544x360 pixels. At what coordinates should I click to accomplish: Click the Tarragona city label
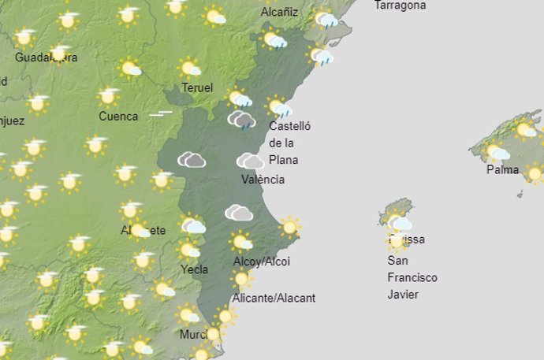click(400, 6)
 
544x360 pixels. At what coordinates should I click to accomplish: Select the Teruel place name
click(197, 87)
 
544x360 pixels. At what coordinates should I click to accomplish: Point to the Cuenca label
click(118, 117)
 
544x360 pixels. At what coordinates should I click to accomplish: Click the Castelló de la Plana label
click(290, 143)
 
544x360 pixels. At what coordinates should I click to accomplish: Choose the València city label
click(263, 180)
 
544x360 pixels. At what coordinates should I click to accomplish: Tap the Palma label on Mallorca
click(502, 169)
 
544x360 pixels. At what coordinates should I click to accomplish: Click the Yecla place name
click(195, 269)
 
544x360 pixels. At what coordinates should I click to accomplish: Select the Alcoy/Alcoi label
click(261, 262)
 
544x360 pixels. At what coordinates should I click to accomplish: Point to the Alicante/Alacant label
click(274, 298)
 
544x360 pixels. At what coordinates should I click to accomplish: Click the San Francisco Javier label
click(412, 277)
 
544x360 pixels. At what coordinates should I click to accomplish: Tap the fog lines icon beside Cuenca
click(161, 113)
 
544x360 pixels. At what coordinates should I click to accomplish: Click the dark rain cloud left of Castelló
click(241, 120)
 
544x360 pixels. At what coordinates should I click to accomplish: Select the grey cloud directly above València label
click(251, 161)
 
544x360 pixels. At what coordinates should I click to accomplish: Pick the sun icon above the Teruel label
click(190, 69)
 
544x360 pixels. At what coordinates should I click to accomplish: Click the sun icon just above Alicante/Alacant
click(241, 279)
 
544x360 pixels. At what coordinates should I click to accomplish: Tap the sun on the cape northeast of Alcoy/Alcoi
click(289, 227)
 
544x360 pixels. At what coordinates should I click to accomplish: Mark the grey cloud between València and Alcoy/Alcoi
click(238, 212)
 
